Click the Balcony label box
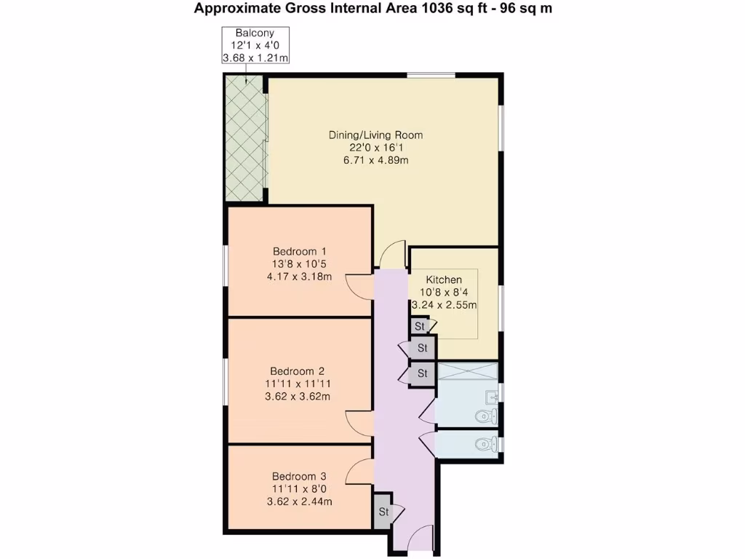pos(255,46)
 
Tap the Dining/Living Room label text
pos(375,135)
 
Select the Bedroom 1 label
pos(299,251)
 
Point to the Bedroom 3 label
pos(299,477)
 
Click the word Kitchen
pos(444,279)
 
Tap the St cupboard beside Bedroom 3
pos(383,512)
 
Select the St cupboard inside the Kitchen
pos(420,326)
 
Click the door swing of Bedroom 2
pos(359,421)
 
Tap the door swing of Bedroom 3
pos(359,472)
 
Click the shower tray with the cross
pos(467,372)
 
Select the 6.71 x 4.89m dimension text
pos(375,160)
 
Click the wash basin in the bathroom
pos(493,397)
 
